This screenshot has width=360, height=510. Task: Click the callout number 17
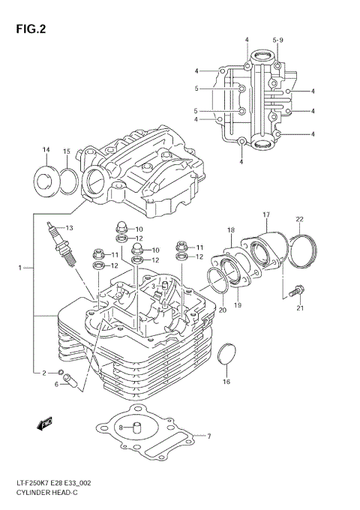click(x=265, y=215)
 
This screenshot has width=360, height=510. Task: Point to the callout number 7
click(x=209, y=436)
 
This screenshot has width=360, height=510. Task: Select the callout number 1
click(x=21, y=268)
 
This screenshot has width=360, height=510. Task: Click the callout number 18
click(x=231, y=229)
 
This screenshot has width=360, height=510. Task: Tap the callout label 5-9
click(x=278, y=39)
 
